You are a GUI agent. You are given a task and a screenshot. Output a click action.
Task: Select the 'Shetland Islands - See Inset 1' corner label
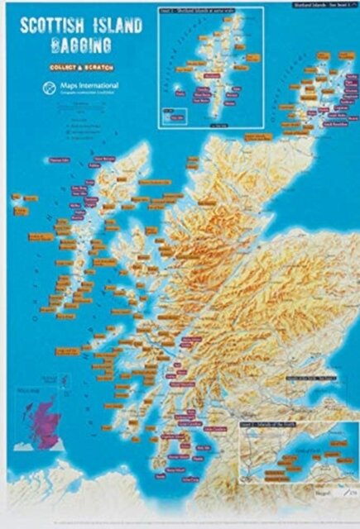[x=319, y=7]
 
